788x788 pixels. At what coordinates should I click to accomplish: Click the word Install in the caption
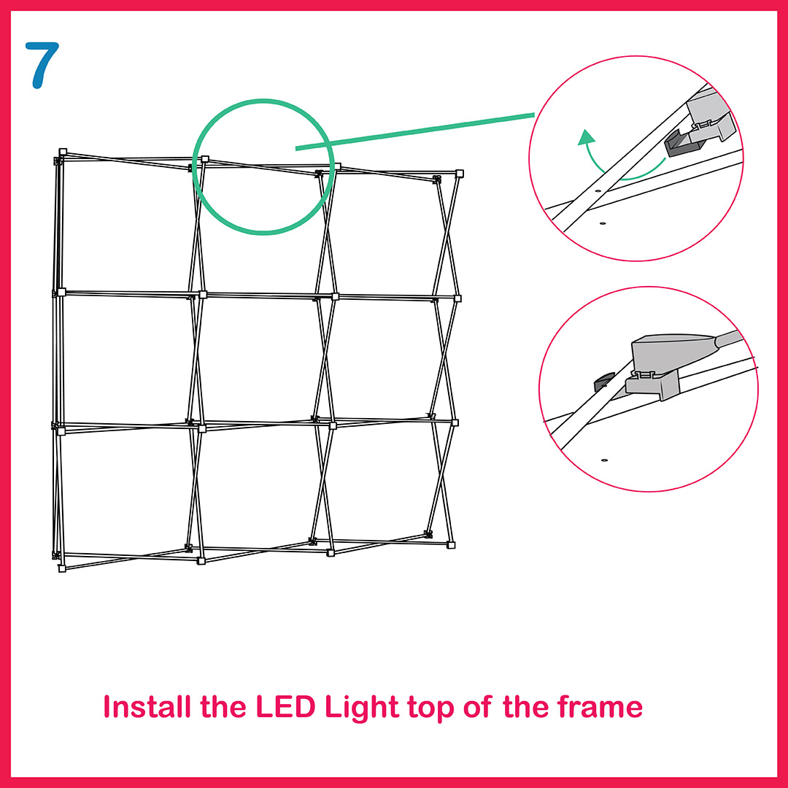click(x=147, y=706)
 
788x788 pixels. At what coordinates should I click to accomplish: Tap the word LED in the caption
click(x=285, y=706)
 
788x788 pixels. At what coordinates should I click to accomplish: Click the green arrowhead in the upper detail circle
click(x=586, y=137)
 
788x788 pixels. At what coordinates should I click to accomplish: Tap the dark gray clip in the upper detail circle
click(x=682, y=142)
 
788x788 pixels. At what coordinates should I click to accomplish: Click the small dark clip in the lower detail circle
click(x=604, y=382)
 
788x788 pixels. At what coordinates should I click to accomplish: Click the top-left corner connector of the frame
click(x=63, y=152)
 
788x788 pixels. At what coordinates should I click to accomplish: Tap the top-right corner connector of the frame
click(x=459, y=174)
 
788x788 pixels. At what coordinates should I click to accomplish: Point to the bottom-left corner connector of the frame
click(x=62, y=568)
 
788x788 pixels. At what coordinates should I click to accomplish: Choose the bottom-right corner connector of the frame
click(x=452, y=545)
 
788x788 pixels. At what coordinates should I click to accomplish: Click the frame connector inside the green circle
click(x=205, y=159)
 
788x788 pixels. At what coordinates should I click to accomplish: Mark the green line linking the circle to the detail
click(x=415, y=131)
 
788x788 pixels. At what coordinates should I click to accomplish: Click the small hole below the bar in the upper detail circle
click(x=603, y=223)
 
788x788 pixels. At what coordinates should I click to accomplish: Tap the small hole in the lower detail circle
click(x=605, y=460)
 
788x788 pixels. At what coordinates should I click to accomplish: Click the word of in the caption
click(x=477, y=706)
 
